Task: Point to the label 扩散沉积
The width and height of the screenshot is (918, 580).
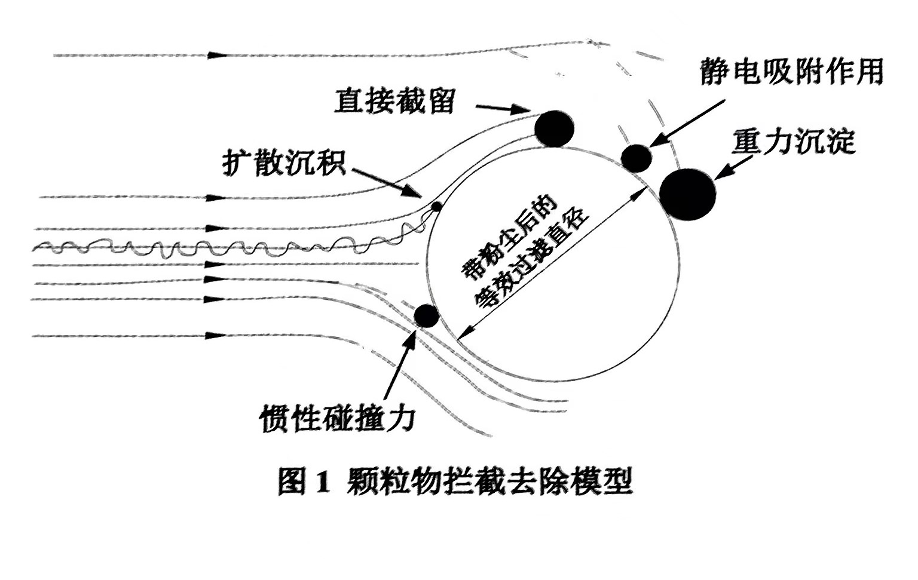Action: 284,161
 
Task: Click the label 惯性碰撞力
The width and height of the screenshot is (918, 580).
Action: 337,419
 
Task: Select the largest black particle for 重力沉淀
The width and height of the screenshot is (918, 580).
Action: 687,194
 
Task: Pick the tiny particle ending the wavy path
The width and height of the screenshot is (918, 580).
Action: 436,207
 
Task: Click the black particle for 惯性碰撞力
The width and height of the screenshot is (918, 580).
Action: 426,315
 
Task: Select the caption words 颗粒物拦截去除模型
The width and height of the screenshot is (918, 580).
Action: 489,481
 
